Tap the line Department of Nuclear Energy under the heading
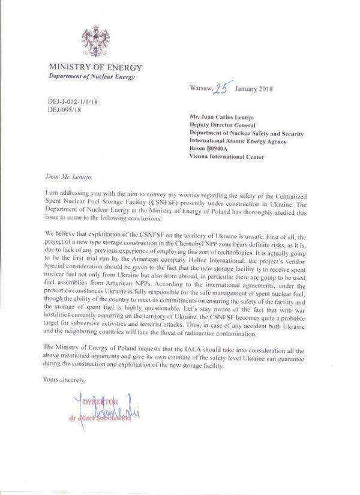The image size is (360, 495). coord(92,77)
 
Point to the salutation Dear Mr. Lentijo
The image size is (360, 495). coord(65,178)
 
